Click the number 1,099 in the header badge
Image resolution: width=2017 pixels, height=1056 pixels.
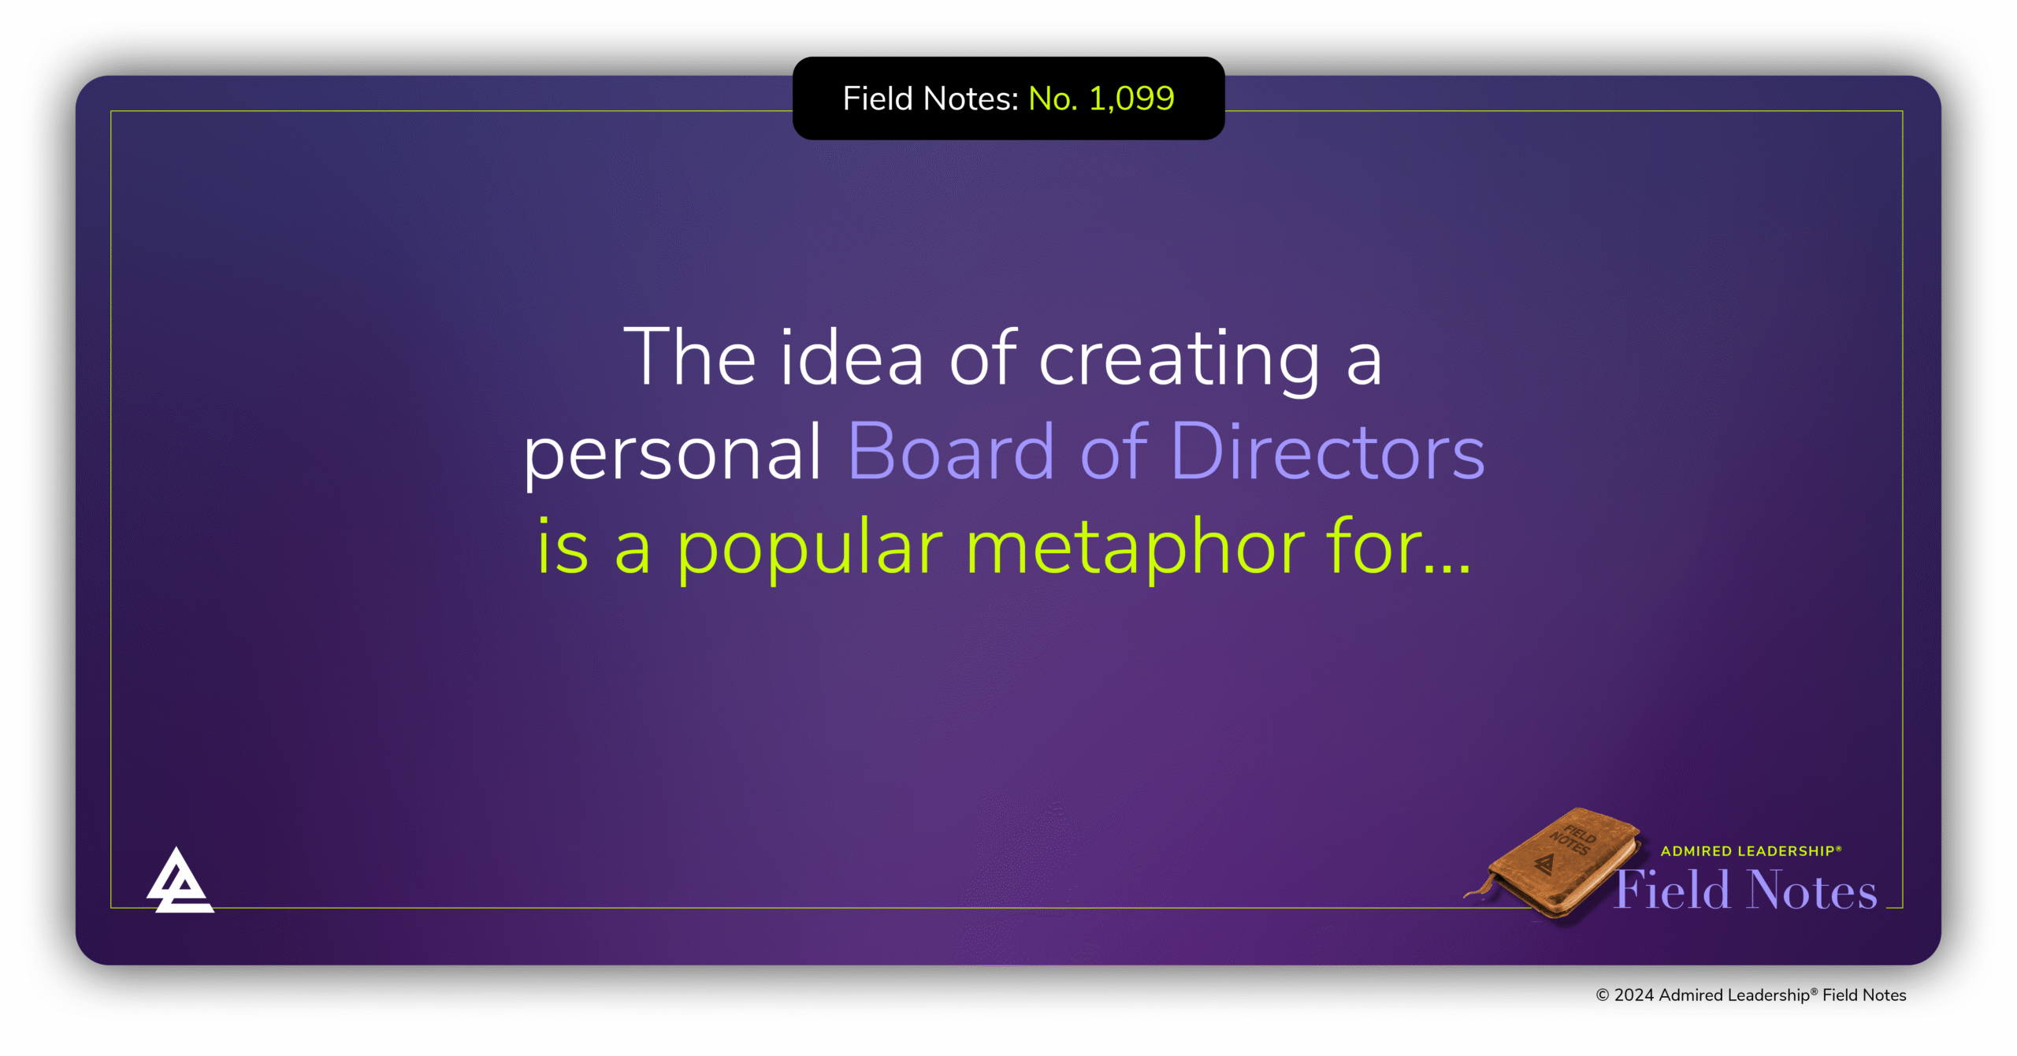pyautogui.click(x=1131, y=99)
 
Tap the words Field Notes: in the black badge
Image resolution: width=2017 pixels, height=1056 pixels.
pyautogui.click(x=930, y=99)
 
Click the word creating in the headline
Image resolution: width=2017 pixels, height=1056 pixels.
pyautogui.click(x=1179, y=362)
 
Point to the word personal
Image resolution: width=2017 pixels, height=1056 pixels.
pyautogui.click(x=673, y=455)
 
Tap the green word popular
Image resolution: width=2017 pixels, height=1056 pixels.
pyautogui.click(x=810, y=550)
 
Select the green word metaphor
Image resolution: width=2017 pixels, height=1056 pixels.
pyautogui.click(x=1135, y=550)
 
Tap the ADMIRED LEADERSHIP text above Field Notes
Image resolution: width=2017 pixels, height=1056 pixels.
pyautogui.click(x=1751, y=851)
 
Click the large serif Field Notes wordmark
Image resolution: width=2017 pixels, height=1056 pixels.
pyautogui.click(x=1746, y=890)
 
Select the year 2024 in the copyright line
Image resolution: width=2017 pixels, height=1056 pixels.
pyautogui.click(x=1633, y=995)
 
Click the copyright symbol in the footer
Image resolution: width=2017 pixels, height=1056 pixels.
pyautogui.click(x=1603, y=995)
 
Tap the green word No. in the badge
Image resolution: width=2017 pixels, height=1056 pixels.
pyautogui.click(x=1053, y=99)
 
